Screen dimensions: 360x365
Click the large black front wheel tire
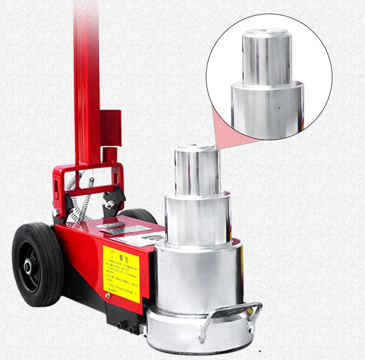tap(37, 265)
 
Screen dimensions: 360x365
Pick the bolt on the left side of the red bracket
tap(57, 212)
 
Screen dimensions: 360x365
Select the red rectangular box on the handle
tap(110, 128)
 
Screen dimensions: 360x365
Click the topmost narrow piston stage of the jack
tap(197, 171)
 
